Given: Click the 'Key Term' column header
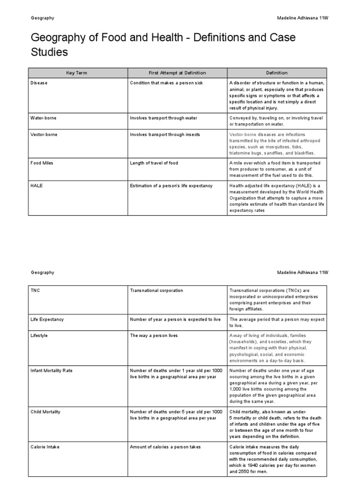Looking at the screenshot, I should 76,73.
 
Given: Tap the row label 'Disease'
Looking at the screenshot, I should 39,83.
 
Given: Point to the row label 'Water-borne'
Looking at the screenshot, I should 43,118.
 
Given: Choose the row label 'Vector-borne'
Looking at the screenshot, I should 44,135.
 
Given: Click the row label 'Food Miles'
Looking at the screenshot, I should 42,163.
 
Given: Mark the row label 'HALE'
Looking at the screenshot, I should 37,186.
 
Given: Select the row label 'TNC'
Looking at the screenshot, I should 36,291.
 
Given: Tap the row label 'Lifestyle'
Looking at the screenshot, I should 40,336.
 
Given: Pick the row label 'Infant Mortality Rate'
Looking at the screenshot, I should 52,371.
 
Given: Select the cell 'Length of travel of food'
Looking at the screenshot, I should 154,163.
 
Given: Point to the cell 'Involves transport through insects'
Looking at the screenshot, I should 165,135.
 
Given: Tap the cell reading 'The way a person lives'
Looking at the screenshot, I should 154,336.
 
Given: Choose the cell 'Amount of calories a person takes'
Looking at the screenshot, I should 165,447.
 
